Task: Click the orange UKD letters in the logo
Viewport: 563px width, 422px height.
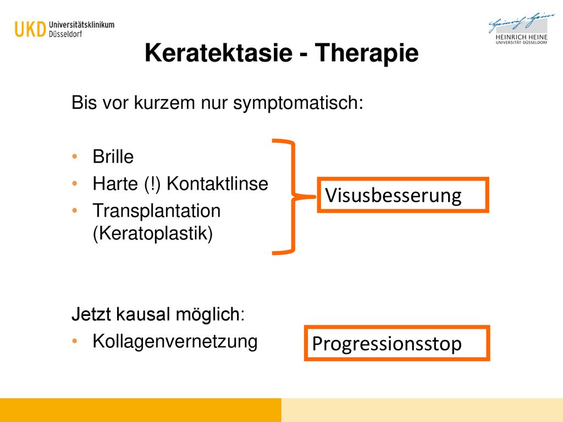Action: [31, 30]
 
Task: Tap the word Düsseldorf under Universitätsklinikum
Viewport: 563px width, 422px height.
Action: [65, 34]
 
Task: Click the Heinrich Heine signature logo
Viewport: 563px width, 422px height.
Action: [521, 29]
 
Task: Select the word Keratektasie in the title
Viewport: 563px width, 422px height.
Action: [219, 53]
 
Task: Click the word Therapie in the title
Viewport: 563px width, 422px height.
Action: [367, 53]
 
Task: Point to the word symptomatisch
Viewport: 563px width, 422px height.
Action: [298, 103]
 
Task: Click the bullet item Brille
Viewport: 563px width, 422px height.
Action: [113, 157]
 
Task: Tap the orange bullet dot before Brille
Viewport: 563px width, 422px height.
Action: [75, 157]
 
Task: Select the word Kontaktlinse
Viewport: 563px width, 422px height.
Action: [217, 184]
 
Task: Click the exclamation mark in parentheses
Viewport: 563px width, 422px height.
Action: [152, 184]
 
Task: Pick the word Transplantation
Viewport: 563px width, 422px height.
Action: [157, 210]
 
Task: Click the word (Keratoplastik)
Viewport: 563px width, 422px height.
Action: [153, 233]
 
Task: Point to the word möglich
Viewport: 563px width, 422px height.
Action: [210, 315]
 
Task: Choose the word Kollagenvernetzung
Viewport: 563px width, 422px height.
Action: [175, 341]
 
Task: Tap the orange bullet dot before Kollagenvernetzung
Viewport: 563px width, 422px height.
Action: [75, 341]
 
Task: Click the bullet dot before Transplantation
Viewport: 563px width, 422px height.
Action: [75, 210]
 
